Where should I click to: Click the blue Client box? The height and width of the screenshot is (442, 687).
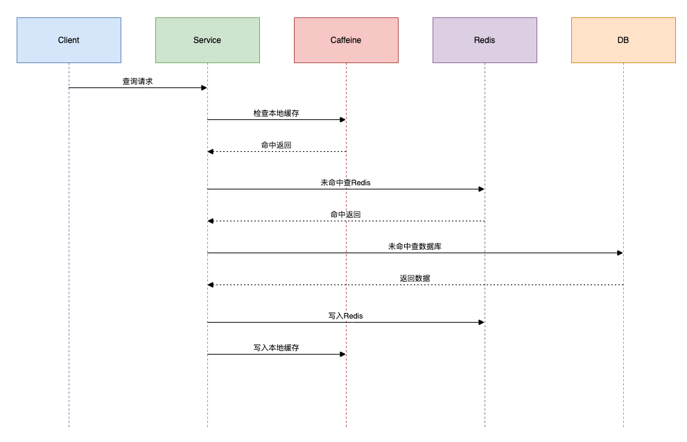tap(69, 40)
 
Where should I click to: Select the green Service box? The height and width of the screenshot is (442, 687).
tap(207, 40)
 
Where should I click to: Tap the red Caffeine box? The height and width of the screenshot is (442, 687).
tap(346, 40)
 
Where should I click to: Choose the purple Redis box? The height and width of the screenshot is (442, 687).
tap(485, 40)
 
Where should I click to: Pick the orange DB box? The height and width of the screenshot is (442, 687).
tap(623, 40)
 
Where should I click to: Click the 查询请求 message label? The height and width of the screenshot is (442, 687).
tap(137, 81)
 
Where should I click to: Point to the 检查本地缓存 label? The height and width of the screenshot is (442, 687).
tap(276, 113)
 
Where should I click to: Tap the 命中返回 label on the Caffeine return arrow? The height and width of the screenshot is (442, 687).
tap(276, 145)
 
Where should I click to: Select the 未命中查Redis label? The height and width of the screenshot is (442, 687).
tap(345, 182)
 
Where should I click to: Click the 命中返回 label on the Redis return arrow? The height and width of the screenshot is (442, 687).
tap(345, 214)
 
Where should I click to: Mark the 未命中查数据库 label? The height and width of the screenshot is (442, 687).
tap(415, 246)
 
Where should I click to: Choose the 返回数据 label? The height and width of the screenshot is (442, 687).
tap(415, 278)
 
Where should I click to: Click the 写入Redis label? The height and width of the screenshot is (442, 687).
tap(345, 316)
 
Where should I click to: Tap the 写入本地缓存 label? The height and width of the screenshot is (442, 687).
tap(276, 348)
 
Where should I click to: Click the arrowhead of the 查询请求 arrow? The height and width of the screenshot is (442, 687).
tap(204, 87)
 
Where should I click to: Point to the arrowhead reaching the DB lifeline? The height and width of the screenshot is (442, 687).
tap(620, 253)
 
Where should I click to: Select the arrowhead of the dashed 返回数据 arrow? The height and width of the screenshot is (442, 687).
tap(211, 284)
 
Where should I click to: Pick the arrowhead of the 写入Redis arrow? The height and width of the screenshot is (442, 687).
tap(481, 322)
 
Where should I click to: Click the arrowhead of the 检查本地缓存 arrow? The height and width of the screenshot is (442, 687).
tap(342, 119)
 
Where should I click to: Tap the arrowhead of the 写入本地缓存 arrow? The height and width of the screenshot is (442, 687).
tap(342, 354)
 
